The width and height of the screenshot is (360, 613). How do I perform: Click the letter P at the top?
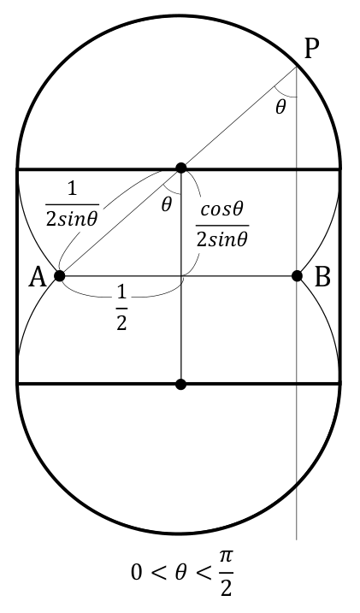point(311,50)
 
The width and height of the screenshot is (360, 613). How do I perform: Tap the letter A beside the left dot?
point(38,278)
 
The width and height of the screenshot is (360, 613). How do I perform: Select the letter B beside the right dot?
point(322,278)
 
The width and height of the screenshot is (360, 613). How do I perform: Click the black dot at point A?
point(59,276)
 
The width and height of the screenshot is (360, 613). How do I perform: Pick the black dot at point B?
point(297,276)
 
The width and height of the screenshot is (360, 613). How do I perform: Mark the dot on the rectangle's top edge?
point(181,168)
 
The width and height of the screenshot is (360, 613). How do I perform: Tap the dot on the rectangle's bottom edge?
point(180,384)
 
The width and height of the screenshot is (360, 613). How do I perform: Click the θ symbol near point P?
point(280,107)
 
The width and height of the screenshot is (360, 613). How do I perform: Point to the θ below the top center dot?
point(166,204)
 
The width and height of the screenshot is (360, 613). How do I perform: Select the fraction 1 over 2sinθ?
point(72,205)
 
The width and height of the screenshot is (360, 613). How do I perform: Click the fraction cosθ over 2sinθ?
point(222,225)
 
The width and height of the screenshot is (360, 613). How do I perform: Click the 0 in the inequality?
point(137,573)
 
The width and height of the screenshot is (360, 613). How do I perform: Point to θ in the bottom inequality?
point(180,573)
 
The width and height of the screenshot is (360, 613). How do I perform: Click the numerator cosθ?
point(222,211)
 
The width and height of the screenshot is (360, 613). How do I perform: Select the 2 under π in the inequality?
point(227,587)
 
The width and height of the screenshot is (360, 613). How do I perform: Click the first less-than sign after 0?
point(158,574)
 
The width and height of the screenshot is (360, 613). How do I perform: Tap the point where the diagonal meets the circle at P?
point(297,67)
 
